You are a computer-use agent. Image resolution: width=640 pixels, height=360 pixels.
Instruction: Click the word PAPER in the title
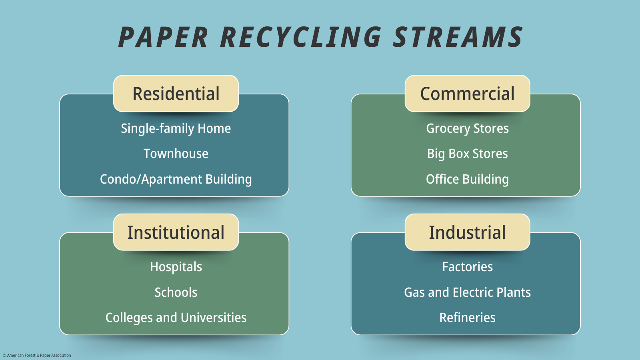163,37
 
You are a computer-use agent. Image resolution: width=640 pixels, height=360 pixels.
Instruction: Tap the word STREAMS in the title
458,37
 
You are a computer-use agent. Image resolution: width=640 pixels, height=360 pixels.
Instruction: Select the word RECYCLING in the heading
301,37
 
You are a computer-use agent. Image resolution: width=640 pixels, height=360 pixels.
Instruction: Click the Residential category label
176,94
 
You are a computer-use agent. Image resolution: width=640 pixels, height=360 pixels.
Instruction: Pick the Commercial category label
468,94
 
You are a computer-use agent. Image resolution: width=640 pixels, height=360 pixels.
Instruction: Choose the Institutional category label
176,232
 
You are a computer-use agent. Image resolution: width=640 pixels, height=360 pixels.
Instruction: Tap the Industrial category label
468,232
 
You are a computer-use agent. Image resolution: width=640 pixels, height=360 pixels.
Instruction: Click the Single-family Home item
176,128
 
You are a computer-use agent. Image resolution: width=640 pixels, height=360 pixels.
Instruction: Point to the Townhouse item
176,154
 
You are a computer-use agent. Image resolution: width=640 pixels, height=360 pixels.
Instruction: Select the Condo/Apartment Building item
176,179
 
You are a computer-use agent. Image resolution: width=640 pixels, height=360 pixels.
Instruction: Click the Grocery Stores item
468,128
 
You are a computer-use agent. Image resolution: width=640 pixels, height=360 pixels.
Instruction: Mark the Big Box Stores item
468,154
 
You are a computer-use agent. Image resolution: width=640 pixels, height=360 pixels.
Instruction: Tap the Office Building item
468,179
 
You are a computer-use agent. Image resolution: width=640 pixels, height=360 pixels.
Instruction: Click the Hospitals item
176,267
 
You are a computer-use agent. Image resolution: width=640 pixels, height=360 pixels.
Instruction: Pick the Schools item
176,292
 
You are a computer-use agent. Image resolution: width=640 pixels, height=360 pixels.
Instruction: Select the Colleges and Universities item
176,318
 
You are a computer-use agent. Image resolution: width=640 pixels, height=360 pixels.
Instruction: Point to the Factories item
468,267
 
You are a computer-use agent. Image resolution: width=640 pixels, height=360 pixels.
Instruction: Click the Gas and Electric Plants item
468,292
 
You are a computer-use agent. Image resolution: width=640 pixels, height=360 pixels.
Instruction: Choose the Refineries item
468,318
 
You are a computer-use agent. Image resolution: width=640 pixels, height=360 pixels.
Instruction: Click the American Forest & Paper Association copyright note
37,356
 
